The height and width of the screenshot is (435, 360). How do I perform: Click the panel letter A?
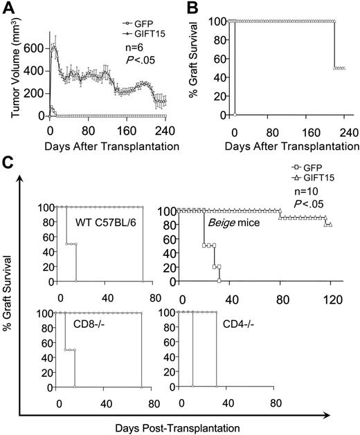8,8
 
